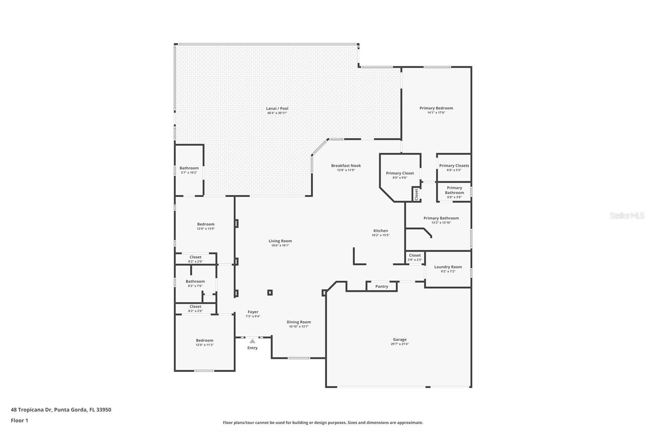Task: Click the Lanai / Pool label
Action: tap(277, 108)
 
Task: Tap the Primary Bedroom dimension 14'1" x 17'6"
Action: tap(436, 113)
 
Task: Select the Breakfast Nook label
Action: tap(346, 165)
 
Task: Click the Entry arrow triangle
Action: tap(252, 341)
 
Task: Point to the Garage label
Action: tap(400, 340)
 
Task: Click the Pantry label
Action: tap(382, 286)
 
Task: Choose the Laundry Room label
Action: tap(448, 267)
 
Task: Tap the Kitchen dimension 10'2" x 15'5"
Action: tap(380, 235)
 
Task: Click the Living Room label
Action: tap(280, 241)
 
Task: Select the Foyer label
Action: tap(253, 312)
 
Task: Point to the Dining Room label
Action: tap(299, 322)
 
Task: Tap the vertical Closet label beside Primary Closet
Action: tap(416, 194)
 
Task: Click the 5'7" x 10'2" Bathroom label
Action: tap(189, 168)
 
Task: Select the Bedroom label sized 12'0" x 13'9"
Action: tap(206, 224)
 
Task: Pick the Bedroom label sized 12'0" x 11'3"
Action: tap(205, 340)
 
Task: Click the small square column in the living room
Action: tap(270, 292)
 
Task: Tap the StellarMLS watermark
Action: tap(627, 216)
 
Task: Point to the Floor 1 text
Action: tap(19, 420)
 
